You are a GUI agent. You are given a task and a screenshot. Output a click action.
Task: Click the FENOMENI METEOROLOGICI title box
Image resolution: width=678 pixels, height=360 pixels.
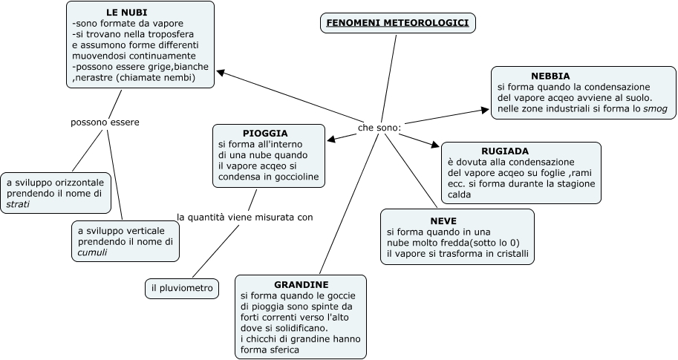point(397,23)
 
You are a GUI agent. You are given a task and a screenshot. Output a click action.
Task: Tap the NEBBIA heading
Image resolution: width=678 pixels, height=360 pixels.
point(550,76)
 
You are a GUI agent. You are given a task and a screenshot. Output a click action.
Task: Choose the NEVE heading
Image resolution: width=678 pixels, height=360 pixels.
point(443,220)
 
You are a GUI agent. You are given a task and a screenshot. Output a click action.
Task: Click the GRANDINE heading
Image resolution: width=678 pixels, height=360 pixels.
point(301,284)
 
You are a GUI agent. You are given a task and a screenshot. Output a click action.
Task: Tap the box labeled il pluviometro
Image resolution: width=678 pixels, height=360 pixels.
point(182,288)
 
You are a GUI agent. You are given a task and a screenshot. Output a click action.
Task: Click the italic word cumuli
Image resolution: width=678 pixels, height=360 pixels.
point(92,252)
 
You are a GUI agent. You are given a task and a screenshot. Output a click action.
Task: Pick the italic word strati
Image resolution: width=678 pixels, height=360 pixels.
point(18,204)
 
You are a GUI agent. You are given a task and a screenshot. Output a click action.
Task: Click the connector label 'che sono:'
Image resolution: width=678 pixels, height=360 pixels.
point(379,128)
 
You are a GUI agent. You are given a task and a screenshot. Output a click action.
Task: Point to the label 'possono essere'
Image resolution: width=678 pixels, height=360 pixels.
point(105,122)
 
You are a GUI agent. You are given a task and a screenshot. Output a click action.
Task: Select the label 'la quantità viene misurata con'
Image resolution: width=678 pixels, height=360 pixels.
point(244,217)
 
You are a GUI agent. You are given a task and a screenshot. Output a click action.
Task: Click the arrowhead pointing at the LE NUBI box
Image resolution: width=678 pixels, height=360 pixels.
point(220,72)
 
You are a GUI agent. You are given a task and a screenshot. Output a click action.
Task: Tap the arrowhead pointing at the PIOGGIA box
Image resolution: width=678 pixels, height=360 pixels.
point(331,138)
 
